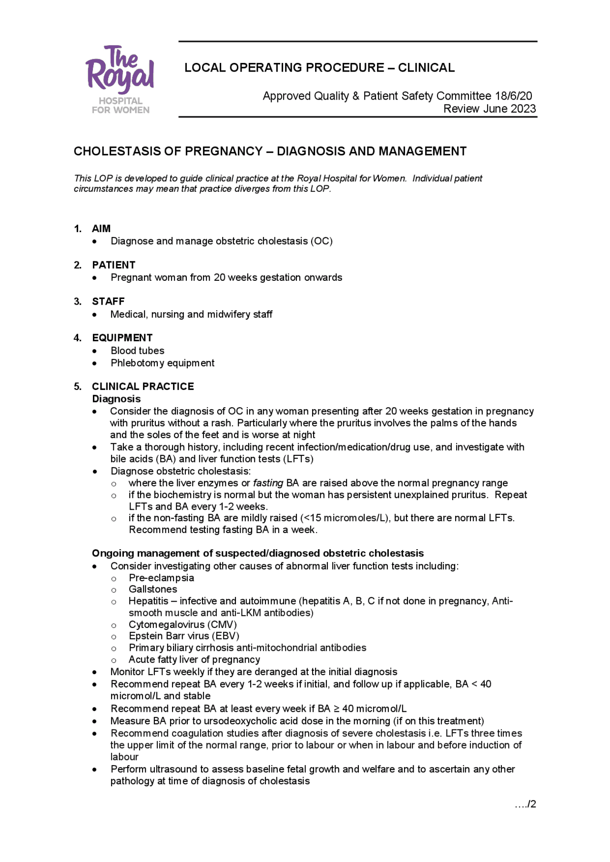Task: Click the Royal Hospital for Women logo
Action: click(x=120, y=80)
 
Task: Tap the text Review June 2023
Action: click(x=489, y=109)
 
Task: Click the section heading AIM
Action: click(x=101, y=228)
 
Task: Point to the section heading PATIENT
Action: click(x=113, y=265)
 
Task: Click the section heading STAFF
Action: click(x=108, y=301)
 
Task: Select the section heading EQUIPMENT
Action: click(x=122, y=338)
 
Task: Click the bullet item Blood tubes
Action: click(x=137, y=350)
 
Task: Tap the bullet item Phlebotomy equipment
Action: click(x=163, y=363)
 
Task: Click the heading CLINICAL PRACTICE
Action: click(x=143, y=386)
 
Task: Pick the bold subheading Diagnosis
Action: click(x=116, y=399)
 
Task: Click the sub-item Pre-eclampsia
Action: click(x=161, y=578)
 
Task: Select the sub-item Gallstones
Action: click(x=152, y=589)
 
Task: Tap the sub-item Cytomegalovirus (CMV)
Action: click(x=183, y=625)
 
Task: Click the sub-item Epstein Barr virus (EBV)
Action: click(x=184, y=636)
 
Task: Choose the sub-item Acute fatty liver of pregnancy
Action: click(x=194, y=659)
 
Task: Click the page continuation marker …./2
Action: click(x=526, y=804)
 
